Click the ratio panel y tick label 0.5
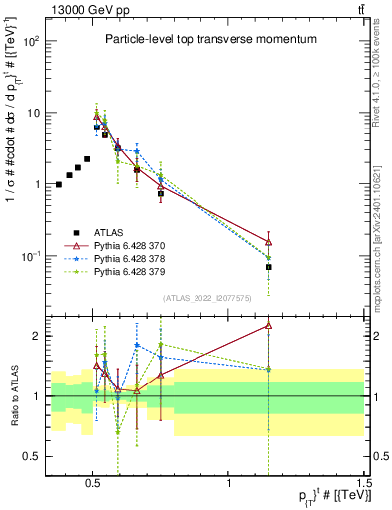32,456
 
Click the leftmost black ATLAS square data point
59,184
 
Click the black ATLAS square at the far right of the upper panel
269,267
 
